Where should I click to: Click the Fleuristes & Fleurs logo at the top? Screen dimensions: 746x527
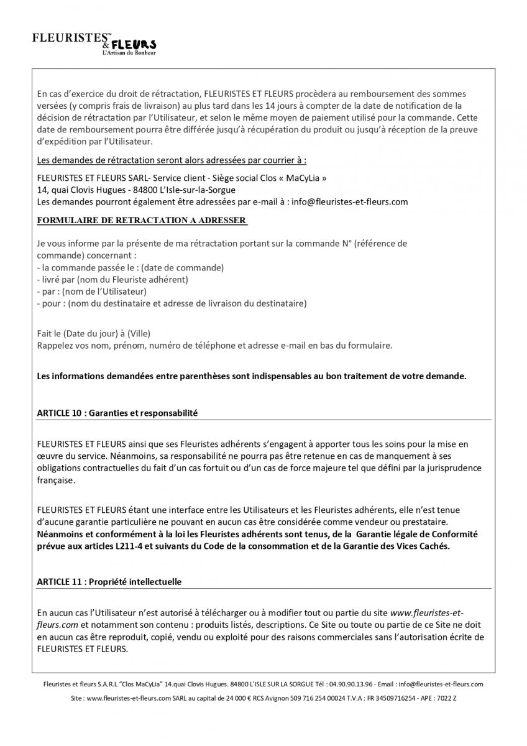point(94,43)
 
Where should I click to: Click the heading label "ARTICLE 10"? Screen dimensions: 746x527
point(60,413)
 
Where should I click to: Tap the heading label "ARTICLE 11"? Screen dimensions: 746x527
point(60,582)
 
